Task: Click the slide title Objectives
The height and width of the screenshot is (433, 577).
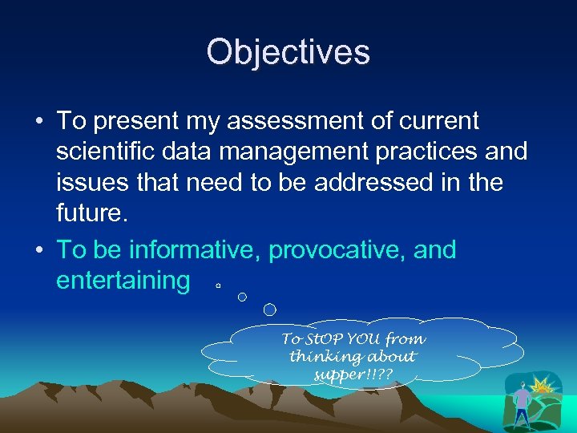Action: click(x=288, y=52)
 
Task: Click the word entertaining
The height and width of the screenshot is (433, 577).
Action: click(x=123, y=281)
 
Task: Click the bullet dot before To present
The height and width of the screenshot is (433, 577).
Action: click(x=39, y=122)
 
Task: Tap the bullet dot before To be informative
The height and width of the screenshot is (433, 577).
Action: click(x=39, y=250)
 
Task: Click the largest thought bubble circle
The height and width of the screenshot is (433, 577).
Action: click(x=270, y=309)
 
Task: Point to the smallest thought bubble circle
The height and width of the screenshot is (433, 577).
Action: click(x=217, y=284)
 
